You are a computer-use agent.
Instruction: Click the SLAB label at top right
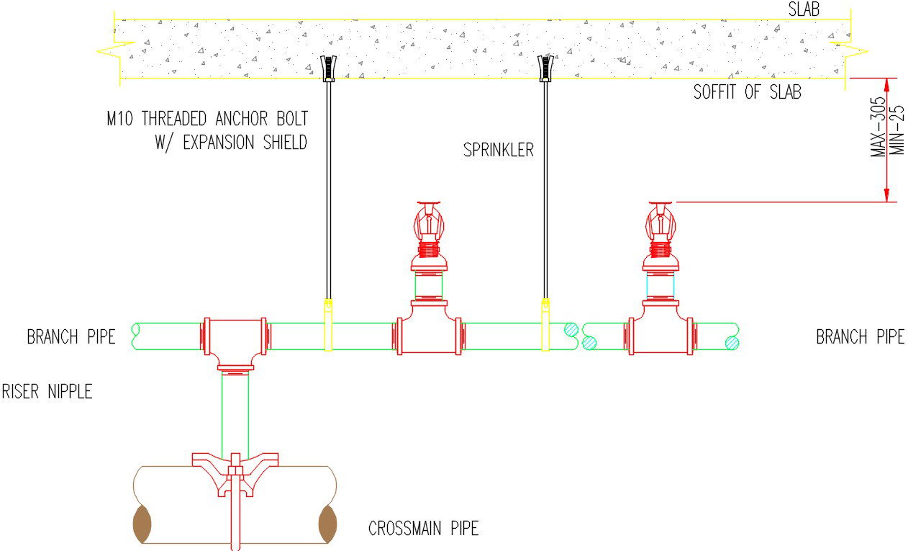pos(804,9)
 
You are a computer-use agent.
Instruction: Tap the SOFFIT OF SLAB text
pos(747,92)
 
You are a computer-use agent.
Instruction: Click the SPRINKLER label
pos(499,151)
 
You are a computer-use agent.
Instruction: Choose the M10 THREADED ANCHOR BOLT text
pos(207,119)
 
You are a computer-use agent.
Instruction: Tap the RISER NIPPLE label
pos(47,392)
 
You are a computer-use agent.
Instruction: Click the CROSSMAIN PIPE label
pos(423,529)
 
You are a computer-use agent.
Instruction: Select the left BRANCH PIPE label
pos(71,336)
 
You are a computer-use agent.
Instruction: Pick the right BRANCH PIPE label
pos(860,336)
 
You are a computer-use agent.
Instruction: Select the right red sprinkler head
pos(660,229)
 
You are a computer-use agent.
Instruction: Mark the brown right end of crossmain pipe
pos(327,524)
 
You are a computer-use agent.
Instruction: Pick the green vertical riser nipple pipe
pos(235,413)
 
